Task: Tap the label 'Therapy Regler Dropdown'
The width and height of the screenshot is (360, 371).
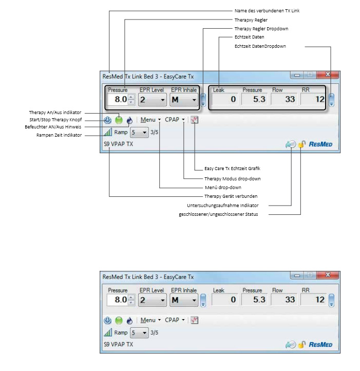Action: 261,29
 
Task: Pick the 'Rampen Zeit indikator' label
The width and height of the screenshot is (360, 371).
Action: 60,135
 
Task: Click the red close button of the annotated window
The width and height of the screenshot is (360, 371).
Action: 327,75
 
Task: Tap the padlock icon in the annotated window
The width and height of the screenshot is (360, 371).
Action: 301,144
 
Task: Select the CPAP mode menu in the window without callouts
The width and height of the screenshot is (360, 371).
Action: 175,320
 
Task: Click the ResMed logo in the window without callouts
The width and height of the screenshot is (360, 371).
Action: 320,345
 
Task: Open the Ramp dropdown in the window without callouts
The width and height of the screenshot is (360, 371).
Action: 139,332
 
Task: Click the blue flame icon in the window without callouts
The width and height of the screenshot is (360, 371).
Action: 129,320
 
